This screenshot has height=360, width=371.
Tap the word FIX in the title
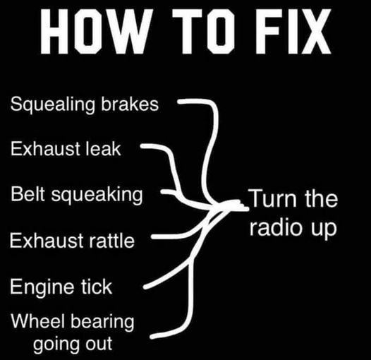point(293,31)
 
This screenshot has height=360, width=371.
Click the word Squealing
point(52,105)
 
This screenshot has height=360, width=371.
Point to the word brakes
point(130,104)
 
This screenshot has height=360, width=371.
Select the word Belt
point(28,193)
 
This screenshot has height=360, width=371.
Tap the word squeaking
point(97,195)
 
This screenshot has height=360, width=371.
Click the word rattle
point(111,240)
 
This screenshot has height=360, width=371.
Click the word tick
point(97,286)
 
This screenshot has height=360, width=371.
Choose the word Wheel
point(37,320)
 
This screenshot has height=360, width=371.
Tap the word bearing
point(102,322)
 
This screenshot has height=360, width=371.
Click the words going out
point(73,344)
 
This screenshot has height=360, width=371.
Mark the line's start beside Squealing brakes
point(179,102)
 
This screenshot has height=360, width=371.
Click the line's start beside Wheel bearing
point(152,336)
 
